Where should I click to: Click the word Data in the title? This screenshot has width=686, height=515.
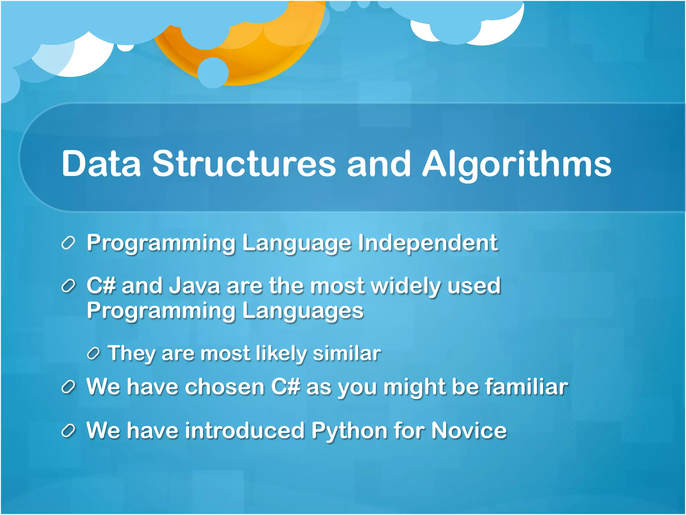coord(101,164)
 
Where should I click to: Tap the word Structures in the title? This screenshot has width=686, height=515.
coord(244,164)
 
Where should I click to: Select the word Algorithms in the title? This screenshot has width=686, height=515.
coord(517,164)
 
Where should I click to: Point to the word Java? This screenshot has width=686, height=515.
coord(194,286)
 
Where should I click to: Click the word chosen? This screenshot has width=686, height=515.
coord(225,387)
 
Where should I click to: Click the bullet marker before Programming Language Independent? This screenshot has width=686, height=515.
coord(68,243)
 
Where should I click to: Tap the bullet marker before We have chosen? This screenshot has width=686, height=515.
coord(68,387)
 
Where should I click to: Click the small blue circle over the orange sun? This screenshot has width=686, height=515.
coord(213,73)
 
